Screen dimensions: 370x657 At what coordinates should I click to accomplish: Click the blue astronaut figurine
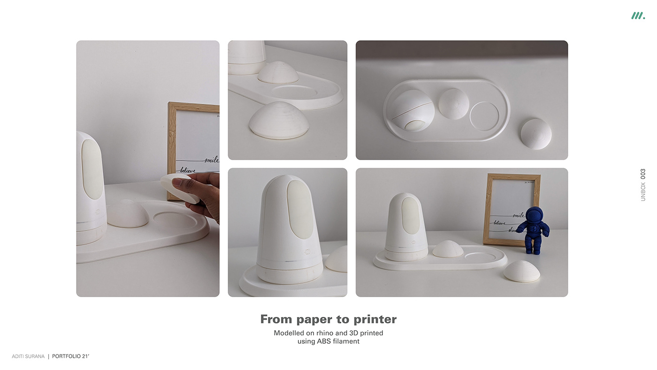(533, 230)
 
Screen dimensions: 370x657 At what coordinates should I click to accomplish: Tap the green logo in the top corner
(638, 16)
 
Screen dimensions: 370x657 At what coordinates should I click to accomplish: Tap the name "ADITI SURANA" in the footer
(28, 356)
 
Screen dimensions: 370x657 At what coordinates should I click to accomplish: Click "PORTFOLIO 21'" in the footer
(70, 356)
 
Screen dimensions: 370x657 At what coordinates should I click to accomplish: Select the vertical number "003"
(643, 174)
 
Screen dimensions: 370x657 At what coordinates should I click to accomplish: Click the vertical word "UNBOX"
(643, 192)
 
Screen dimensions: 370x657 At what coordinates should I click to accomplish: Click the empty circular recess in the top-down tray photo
(484, 116)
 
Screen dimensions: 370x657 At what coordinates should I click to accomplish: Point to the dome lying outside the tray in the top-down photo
(536, 134)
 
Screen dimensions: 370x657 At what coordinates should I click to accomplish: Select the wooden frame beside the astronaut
(512, 209)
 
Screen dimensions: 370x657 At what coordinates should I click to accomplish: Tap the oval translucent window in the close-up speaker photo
(300, 209)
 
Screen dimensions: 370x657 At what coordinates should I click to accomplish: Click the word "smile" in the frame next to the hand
(211, 160)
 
